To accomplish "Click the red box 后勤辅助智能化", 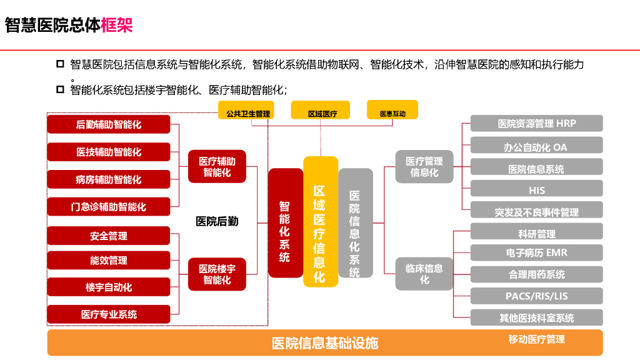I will [x=109, y=124].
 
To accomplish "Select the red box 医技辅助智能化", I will [x=109, y=152].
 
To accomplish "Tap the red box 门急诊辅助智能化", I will [x=109, y=206].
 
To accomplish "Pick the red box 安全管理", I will [x=109, y=236].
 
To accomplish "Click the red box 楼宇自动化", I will [x=109, y=287].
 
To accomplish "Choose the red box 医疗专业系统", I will [x=109, y=314].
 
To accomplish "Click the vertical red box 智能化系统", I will [x=285, y=223].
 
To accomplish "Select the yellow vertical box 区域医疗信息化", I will [x=320, y=222].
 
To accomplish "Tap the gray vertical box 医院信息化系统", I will [x=355, y=223].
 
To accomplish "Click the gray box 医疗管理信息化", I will [x=424, y=167].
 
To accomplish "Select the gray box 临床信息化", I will [x=424, y=274].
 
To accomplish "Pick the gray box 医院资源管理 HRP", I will [x=536, y=124].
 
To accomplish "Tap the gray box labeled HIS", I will [x=536, y=190].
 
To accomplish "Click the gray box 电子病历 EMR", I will [x=536, y=253].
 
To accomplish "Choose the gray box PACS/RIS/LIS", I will [x=536, y=296].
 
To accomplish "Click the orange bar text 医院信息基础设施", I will [x=325, y=343].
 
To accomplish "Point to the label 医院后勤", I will [x=217, y=221].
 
